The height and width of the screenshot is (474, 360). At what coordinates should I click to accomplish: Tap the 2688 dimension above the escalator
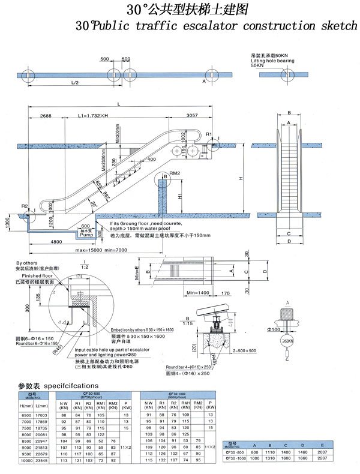41,115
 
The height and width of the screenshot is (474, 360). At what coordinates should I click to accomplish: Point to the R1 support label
209,133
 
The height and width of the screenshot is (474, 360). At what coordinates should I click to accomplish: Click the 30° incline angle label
94,204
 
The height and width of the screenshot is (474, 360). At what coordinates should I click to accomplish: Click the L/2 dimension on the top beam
74,82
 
